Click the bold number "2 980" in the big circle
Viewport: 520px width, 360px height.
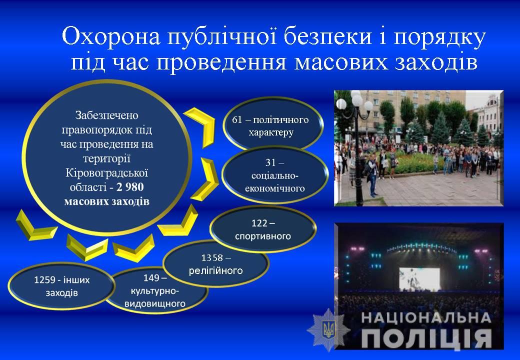tap(130, 187)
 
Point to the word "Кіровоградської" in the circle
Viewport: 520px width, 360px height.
tap(107, 173)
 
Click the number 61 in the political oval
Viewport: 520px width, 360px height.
tap(237, 119)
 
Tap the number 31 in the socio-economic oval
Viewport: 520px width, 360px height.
tap(270, 162)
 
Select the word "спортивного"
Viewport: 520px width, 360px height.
tap(263, 236)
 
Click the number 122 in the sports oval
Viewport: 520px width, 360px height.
tap(259, 223)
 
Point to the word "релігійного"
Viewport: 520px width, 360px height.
tap(216, 271)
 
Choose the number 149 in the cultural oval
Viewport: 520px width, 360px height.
tap(151, 278)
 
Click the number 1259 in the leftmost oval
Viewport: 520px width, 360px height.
tap(45, 280)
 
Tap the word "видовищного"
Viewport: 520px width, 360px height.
tap(155, 303)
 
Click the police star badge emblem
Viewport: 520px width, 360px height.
tap(329, 330)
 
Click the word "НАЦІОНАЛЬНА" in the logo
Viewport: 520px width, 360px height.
tap(426, 317)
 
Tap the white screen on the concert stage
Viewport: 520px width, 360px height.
tap(419, 279)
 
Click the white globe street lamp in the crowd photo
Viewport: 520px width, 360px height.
tap(357, 99)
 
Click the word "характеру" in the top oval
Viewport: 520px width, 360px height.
tap(271, 133)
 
